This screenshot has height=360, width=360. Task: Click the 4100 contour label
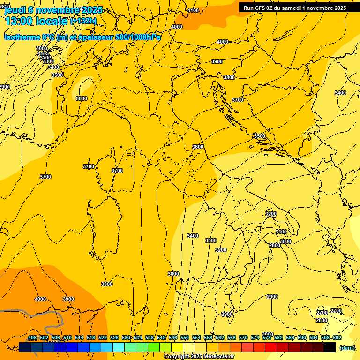coord(193,10)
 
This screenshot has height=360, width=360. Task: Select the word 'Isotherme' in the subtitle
coord(22,37)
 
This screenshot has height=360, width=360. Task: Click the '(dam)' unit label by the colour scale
coord(346,347)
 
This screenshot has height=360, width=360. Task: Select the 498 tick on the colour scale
coord(32,338)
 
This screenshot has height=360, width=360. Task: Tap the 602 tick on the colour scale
coord(337,338)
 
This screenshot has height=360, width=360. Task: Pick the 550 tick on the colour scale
coord(185,338)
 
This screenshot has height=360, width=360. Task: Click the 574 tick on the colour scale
coord(255,338)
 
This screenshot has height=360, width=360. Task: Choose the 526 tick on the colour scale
coord(114,338)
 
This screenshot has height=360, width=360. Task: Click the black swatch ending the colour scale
coord(330,347)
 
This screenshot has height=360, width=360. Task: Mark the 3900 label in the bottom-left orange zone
coord(68,299)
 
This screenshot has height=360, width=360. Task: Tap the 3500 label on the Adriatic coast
coord(259,136)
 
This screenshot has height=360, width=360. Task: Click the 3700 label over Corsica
coord(117,171)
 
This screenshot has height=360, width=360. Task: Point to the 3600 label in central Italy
coord(198,147)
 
